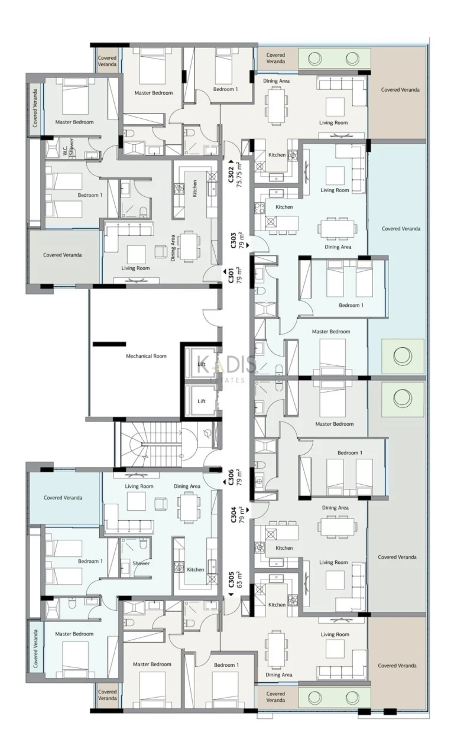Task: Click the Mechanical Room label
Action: pos(146,356)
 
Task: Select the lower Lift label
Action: pos(202,401)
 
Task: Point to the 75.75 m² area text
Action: pos(239,175)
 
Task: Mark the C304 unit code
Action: pos(234,515)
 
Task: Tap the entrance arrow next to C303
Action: pos(249,242)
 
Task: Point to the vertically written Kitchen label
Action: pos(194,189)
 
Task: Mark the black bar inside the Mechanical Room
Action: pos(109,343)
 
